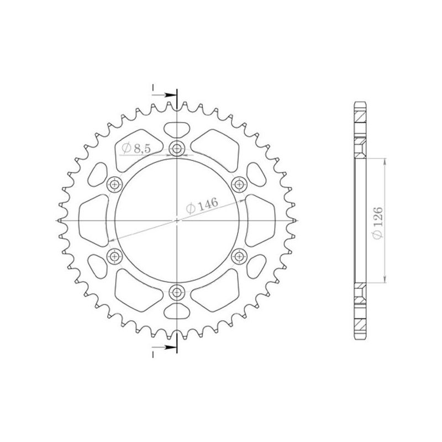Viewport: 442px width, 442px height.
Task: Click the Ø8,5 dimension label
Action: [x=133, y=148]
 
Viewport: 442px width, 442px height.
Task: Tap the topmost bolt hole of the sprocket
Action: [x=177, y=148]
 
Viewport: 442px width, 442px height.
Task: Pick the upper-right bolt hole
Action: [x=239, y=184]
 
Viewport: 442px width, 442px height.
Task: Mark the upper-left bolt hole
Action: [x=115, y=184]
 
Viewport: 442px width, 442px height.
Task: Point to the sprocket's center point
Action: [x=177, y=220]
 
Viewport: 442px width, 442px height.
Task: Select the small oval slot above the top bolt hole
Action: [x=177, y=128]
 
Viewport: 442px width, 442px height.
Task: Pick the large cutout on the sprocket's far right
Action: [x=260, y=220]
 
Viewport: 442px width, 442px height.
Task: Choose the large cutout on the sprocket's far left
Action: [x=94, y=220]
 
